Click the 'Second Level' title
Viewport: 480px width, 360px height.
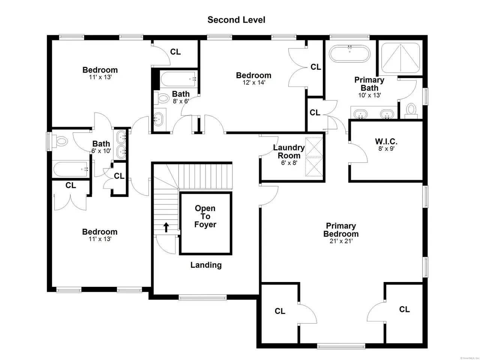pyautogui.click(x=236, y=20)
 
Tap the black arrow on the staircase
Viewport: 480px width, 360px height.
pyautogui.click(x=166, y=227)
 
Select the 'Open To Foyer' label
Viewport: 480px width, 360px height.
pyautogui.click(x=205, y=216)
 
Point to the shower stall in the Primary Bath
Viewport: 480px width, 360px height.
pyautogui.click(x=400, y=58)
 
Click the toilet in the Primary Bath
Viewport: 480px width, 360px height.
pyautogui.click(x=411, y=111)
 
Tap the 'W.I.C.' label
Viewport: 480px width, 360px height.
pyautogui.click(x=386, y=141)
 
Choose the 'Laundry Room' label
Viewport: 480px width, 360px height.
pyautogui.click(x=289, y=151)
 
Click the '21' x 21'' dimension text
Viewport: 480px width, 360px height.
pyautogui.click(x=341, y=241)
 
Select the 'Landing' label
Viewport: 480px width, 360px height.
pyautogui.click(x=206, y=265)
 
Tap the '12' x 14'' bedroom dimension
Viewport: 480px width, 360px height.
pyautogui.click(x=253, y=82)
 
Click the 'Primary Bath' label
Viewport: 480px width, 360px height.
pyautogui.click(x=369, y=84)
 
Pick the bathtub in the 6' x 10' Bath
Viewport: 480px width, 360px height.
pyautogui.click(x=71, y=169)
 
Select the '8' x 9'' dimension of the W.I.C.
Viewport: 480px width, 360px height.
pyautogui.click(x=386, y=148)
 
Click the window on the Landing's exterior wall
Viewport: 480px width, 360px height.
pyautogui.click(x=203, y=297)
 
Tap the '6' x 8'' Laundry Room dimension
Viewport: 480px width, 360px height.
pyautogui.click(x=289, y=163)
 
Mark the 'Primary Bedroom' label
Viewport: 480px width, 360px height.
pyautogui.click(x=341, y=230)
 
